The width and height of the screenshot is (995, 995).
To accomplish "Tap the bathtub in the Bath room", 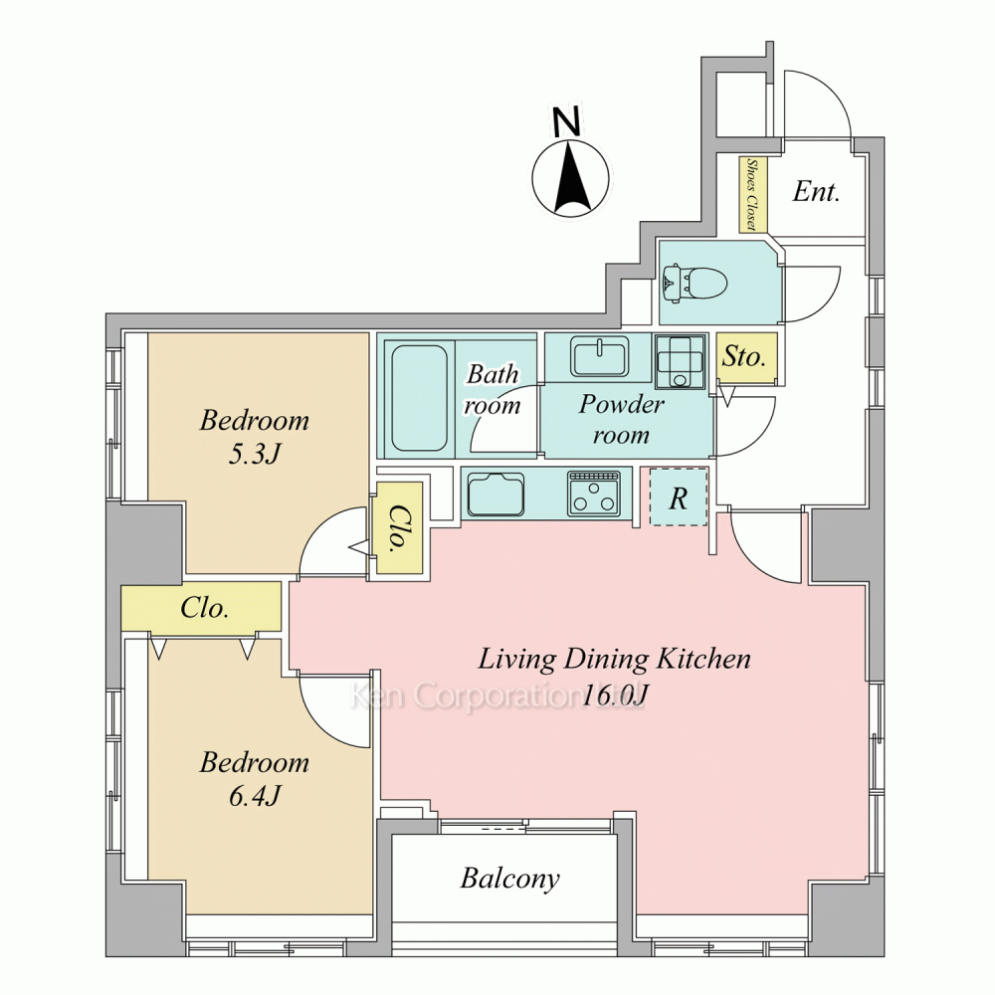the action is (420, 397).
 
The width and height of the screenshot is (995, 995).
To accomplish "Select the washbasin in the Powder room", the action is (600, 356).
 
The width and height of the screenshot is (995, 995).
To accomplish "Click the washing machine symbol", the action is (681, 361).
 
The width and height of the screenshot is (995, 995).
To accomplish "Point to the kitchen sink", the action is (496, 495).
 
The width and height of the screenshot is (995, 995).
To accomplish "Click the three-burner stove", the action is (594, 493).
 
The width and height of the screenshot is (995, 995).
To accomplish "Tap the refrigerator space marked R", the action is (679, 497).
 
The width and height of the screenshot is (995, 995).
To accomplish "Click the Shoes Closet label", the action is (752, 194).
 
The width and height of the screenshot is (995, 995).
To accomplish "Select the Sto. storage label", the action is (743, 356).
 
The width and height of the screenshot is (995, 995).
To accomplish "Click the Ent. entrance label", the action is (816, 191).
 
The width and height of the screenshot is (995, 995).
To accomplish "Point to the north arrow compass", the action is (570, 179).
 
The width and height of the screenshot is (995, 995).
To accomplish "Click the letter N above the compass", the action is (566, 121).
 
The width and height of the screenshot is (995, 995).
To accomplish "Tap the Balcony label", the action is (510, 880).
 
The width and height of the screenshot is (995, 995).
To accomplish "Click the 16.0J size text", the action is (614, 696).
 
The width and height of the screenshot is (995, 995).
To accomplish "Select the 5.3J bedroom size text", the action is (254, 455).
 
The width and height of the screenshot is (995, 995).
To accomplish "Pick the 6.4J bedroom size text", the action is (254, 796).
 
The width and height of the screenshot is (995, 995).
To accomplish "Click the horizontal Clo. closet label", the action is (204, 608).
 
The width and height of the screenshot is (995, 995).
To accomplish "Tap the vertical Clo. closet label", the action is (398, 528).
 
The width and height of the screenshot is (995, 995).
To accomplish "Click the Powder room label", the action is (621, 420).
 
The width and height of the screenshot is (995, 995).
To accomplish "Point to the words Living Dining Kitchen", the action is (614, 660).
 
